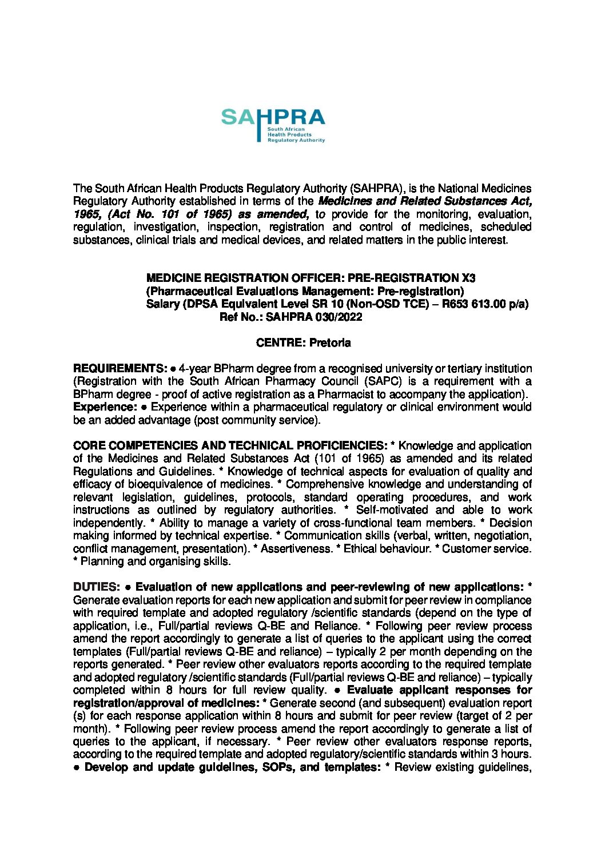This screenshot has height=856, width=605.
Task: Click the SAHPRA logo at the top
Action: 273,125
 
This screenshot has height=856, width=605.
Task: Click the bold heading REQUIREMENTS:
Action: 121,368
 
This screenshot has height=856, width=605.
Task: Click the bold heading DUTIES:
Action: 96,587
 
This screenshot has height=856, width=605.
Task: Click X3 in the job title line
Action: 468,278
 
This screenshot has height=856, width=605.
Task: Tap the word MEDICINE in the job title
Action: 173,278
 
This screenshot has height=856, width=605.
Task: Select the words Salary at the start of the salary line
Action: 163,304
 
